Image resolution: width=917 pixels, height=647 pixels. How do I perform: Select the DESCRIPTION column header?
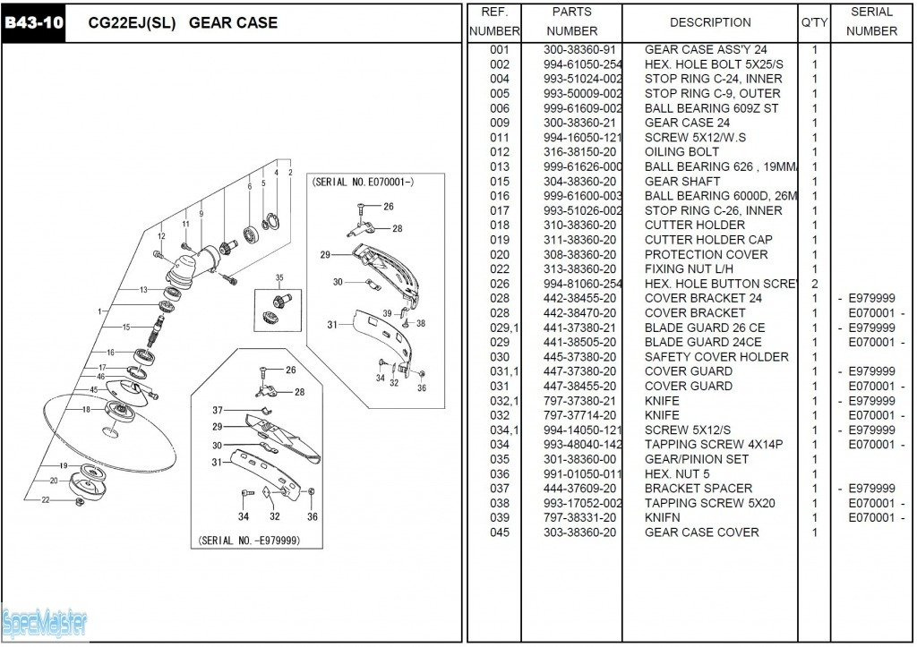[x=710, y=22]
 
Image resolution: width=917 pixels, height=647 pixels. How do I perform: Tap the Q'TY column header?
[x=814, y=22]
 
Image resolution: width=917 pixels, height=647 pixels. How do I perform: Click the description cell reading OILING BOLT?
[x=681, y=152]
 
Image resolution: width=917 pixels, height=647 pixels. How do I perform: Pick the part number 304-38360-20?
[x=579, y=182]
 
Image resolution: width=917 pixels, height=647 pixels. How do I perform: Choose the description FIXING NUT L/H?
[x=688, y=269]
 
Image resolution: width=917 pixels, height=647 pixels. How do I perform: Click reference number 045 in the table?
[x=500, y=532]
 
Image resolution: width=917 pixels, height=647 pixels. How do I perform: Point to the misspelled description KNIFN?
[x=662, y=518]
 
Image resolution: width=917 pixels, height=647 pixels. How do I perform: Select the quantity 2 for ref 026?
[x=814, y=284]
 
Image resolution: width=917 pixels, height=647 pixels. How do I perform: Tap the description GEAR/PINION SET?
[x=696, y=459]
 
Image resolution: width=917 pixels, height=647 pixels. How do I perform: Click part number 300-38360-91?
[x=579, y=50]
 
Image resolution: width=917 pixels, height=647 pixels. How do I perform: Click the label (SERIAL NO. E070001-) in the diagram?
[x=363, y=182]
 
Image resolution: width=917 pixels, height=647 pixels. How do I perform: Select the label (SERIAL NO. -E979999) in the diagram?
[x=249, y=541]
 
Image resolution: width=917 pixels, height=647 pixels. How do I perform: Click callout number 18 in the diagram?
[x=86, y=409]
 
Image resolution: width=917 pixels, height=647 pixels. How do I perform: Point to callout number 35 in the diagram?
[x=279, y=278]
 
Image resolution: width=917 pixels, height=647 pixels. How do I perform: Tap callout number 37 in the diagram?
[x=218, y=410]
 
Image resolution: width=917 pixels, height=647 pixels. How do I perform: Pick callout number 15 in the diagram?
[x=126, y=327]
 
